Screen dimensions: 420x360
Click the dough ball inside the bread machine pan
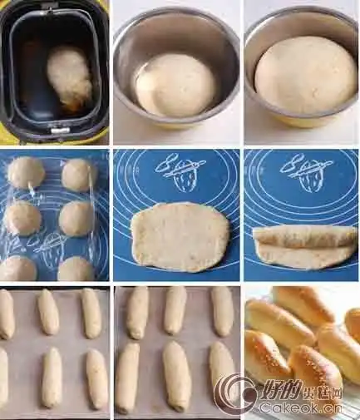70,77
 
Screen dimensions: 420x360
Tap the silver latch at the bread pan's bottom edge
59,131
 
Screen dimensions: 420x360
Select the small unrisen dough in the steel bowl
175,85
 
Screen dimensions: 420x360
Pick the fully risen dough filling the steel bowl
305,74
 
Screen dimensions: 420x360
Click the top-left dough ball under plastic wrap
27,173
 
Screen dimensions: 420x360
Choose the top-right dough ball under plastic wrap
79,175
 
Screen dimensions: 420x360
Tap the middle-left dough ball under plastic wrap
22,219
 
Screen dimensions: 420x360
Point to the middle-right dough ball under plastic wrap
76,219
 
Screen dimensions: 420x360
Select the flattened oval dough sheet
180,236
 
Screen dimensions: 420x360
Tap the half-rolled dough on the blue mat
304,246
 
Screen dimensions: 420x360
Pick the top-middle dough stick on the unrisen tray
49,312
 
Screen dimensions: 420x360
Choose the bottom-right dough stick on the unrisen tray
97,378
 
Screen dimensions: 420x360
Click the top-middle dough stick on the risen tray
175,310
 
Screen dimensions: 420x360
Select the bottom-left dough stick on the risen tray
127,378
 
